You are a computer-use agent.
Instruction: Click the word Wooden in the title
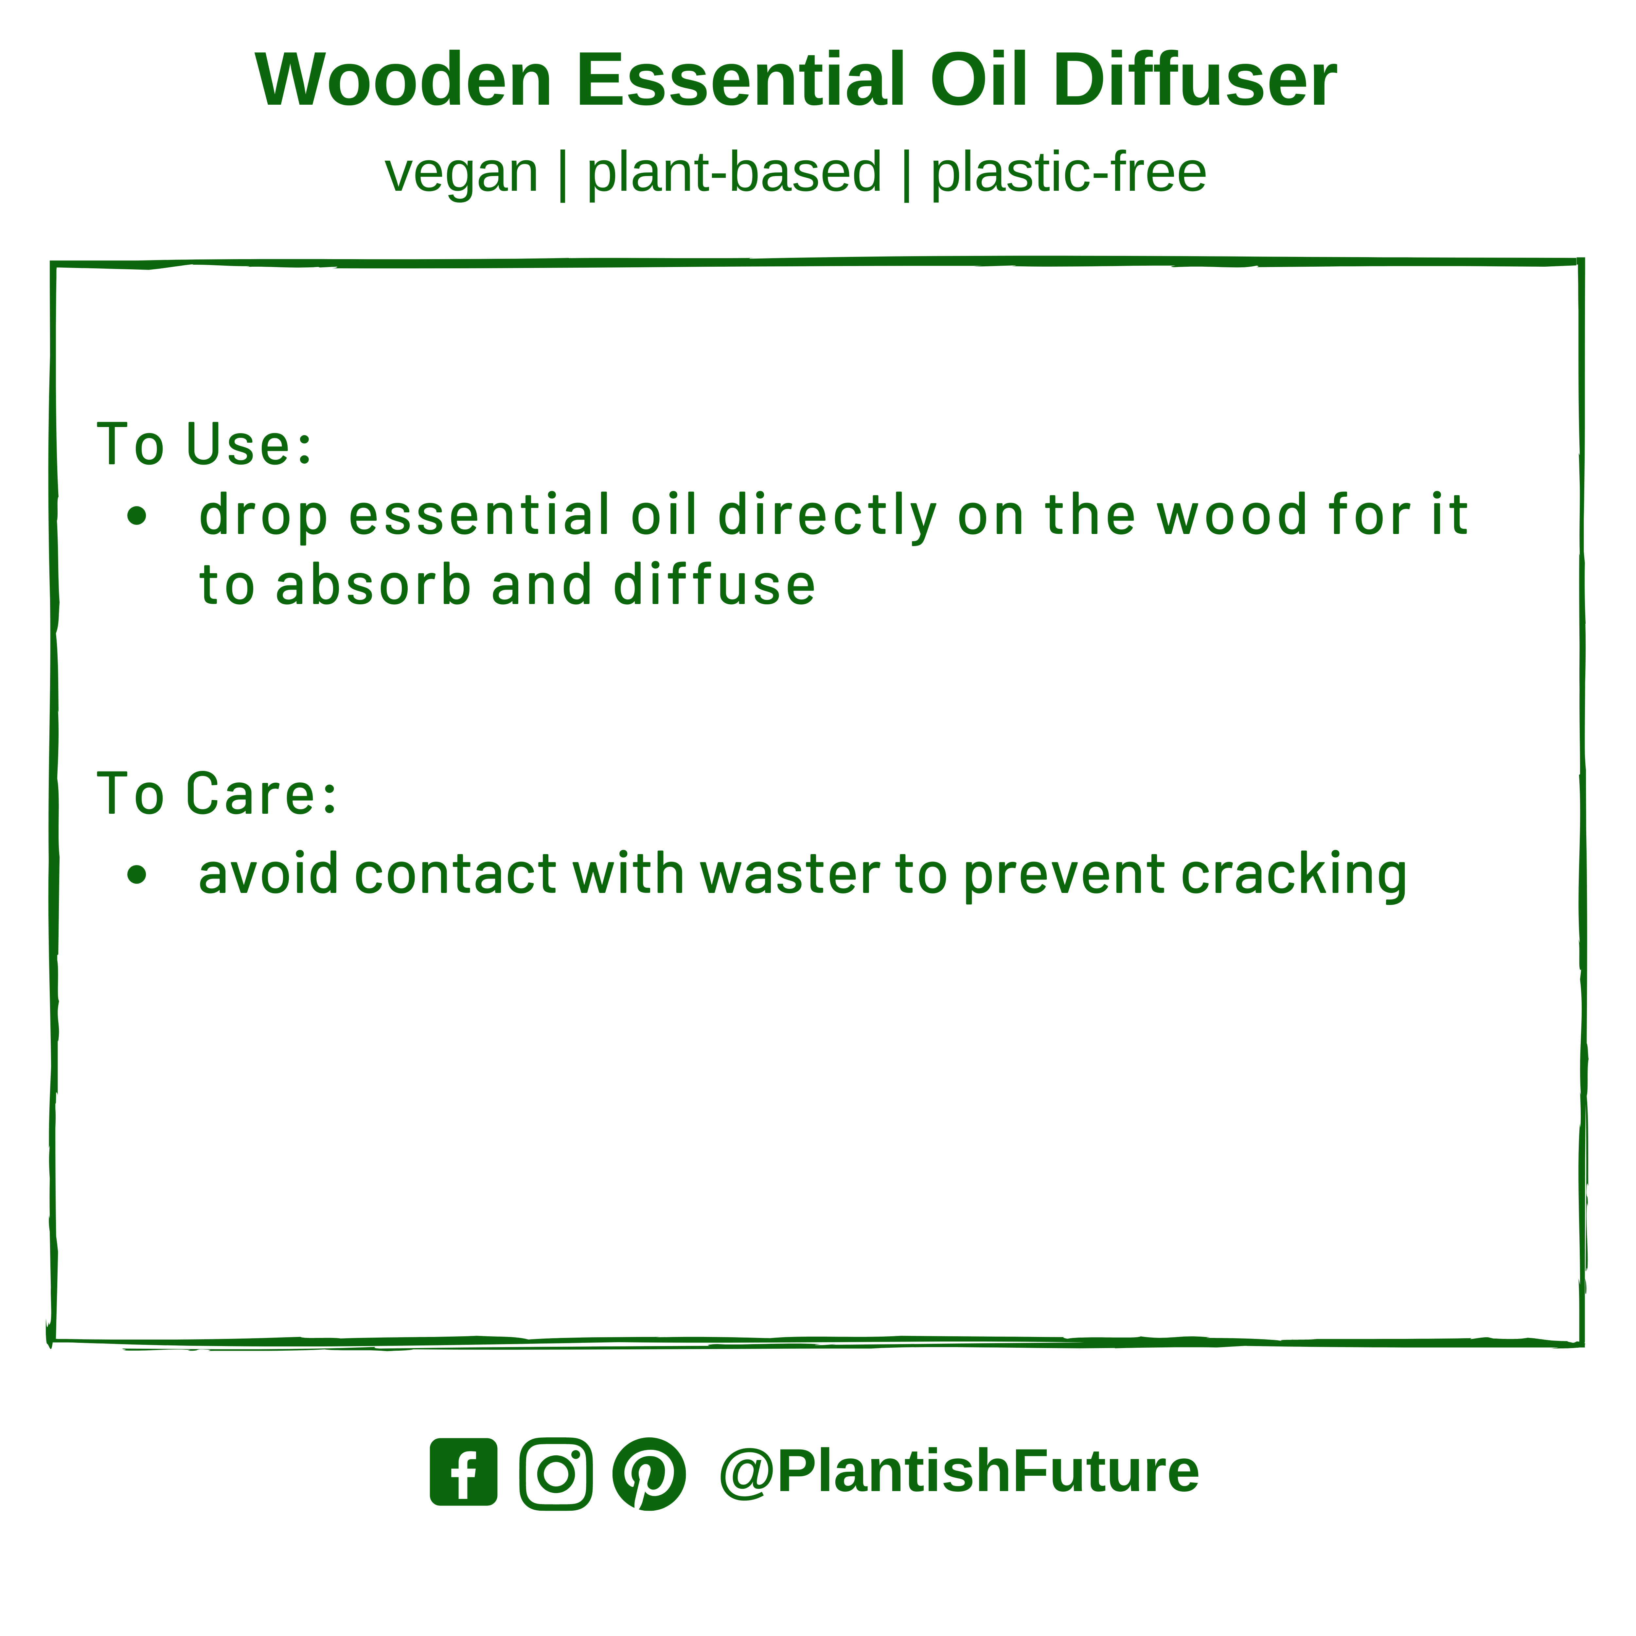coord(404,80)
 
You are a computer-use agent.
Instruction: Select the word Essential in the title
coord(741,80)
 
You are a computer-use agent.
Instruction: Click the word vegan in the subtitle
coord(461,174)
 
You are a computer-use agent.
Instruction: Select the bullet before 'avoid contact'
coord(136,875)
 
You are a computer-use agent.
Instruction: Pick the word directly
coord(827,517)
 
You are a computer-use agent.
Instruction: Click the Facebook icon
coord(463,1473)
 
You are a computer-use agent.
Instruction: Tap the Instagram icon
coord(556,1473)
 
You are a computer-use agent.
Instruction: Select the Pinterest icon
coord(649,1473)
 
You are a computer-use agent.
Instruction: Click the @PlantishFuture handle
coord(959,1471)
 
